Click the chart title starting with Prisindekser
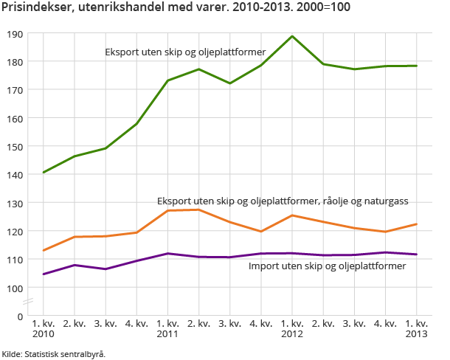click(176, 8)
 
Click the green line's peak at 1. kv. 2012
click(293, 36)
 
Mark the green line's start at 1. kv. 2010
click(44, 173)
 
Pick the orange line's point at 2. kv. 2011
click(199, 210)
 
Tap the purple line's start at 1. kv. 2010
click(44, 274)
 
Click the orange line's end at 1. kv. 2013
click(417, 224)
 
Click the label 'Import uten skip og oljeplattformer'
click(327, 266)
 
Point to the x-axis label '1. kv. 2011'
click(168, 328)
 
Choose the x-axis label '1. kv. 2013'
click(417, 328)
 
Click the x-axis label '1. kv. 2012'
click(293, 328)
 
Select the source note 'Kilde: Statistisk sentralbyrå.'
click(54, 353)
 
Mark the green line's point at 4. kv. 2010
click(137, 123)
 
